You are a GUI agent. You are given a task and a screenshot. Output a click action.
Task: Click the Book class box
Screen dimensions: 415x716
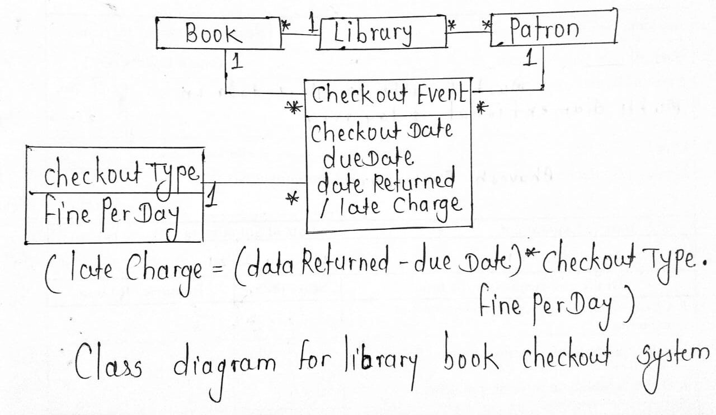(218, 34)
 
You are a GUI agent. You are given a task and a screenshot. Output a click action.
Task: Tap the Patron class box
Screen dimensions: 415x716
(553, 28)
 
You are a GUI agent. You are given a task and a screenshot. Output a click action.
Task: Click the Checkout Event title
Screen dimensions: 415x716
(388, 95)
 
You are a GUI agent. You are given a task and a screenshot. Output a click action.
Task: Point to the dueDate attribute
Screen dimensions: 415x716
(369, 158)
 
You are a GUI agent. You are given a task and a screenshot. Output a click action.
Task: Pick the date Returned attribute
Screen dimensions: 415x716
(386, 182)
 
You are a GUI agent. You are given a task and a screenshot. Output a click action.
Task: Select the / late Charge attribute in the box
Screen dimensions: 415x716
(390, 205)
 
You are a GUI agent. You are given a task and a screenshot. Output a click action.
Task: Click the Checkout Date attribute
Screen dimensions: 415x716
(381, 133)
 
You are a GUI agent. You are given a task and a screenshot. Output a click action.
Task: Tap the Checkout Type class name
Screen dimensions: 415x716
(120, 174)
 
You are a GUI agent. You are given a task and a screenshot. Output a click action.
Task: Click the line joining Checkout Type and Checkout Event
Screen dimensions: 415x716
(255, 182)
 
